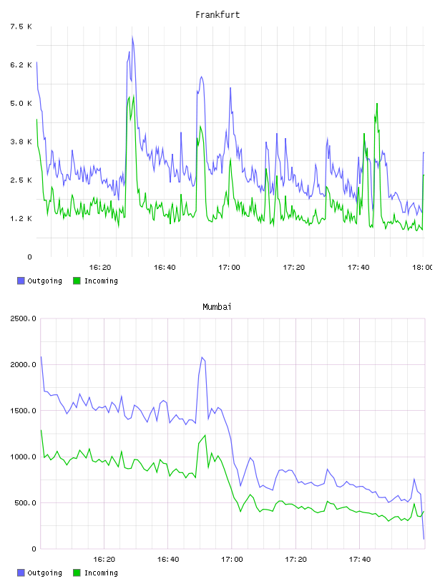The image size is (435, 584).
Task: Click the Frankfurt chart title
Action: point(217,15)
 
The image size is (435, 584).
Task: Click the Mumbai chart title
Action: point(217,307)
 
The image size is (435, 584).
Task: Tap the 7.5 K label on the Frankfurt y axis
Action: point(21,26)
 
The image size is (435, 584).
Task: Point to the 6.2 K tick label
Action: point(21,65)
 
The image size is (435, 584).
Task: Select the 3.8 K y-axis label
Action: point(21,142)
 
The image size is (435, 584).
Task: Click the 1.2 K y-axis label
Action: point(21,218)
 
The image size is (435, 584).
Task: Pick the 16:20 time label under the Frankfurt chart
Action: point(100,268)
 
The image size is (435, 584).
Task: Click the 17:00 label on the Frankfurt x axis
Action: point(230,268)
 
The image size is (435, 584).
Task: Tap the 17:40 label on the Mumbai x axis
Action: point(360,560)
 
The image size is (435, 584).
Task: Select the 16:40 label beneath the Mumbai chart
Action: point(168,560)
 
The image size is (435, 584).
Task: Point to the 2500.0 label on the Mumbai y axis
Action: point(24,318)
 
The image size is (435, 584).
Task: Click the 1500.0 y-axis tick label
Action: point(24,411)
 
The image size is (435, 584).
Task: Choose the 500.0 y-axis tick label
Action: point(25,503)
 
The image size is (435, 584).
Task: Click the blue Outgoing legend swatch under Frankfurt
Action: point(21,281)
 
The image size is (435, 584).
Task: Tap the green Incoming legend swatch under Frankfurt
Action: point(77,281)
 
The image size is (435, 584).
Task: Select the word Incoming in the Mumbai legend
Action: point(102,573)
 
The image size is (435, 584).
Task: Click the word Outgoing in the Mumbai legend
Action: point(45,573)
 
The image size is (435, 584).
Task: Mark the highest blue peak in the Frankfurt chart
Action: point(132,36)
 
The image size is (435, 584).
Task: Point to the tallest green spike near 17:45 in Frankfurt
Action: point(377,104)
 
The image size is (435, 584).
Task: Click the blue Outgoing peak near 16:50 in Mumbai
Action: point(202,357)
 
